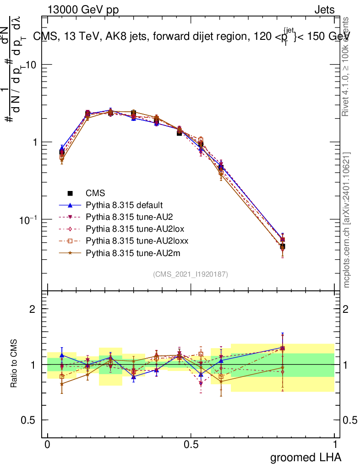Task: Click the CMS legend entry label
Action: point(95,193)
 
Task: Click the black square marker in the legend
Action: point(70,193)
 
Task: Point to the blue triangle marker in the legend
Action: point(70,205)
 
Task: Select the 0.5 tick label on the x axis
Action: point(191,445)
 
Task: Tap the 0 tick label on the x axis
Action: point(47,445)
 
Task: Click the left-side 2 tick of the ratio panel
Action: point(33,309)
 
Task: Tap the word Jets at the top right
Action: point(324,10)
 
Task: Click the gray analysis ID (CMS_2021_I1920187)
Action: point(191,274)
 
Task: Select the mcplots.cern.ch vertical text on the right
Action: point(347,220)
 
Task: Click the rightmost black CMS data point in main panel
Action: point(283,246)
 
